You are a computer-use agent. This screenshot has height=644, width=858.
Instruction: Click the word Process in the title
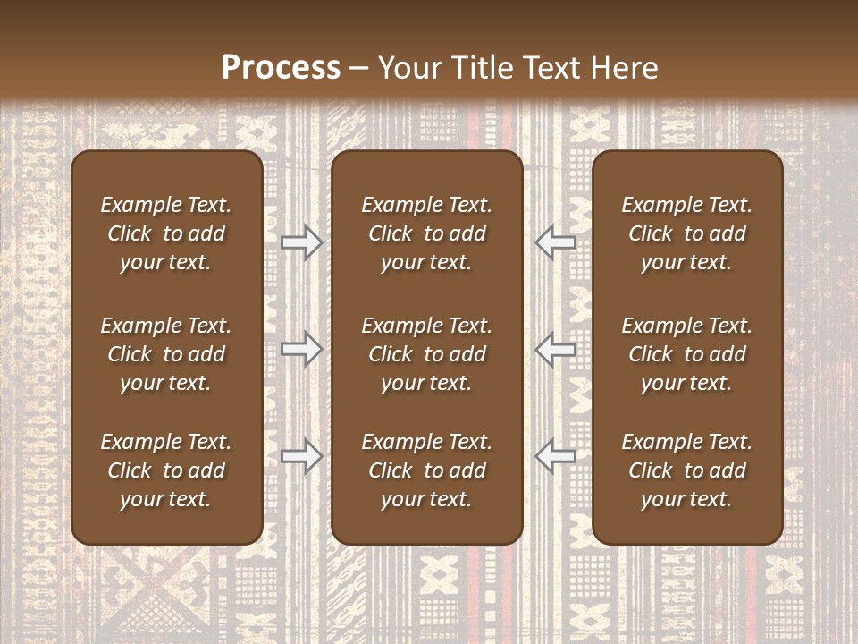[x=281, y=68]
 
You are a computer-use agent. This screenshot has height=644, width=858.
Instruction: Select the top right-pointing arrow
[x=301, y=241]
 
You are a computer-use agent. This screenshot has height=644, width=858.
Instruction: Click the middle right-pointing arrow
[x=301, y=349]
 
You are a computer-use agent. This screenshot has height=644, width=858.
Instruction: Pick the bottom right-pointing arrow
[x=301, y=456]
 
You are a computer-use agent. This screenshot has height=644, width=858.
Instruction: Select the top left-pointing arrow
[x=556, y=241]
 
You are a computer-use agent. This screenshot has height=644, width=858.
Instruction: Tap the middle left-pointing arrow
[x=556, y=349]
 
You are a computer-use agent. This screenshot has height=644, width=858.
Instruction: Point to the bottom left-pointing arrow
[x=556, y=456]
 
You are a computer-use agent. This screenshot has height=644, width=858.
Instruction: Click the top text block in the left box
[x=166, y=233]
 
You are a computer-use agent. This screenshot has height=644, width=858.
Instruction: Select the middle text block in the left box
[x=166, y=354]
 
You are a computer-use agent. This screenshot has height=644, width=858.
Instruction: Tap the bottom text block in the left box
[x=166, y=470]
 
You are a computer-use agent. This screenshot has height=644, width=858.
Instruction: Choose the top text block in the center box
[x=426, y=233]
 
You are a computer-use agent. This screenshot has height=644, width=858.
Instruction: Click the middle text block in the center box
[x=426, y=354]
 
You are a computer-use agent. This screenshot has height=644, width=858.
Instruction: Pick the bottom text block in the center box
[x=426, y=470]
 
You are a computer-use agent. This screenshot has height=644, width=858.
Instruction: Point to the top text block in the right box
[x=686, y=233]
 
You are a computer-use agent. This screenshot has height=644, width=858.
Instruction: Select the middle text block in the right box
[x=686, y=354]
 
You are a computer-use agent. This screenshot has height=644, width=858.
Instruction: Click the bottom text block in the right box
[x=686, y=470]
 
